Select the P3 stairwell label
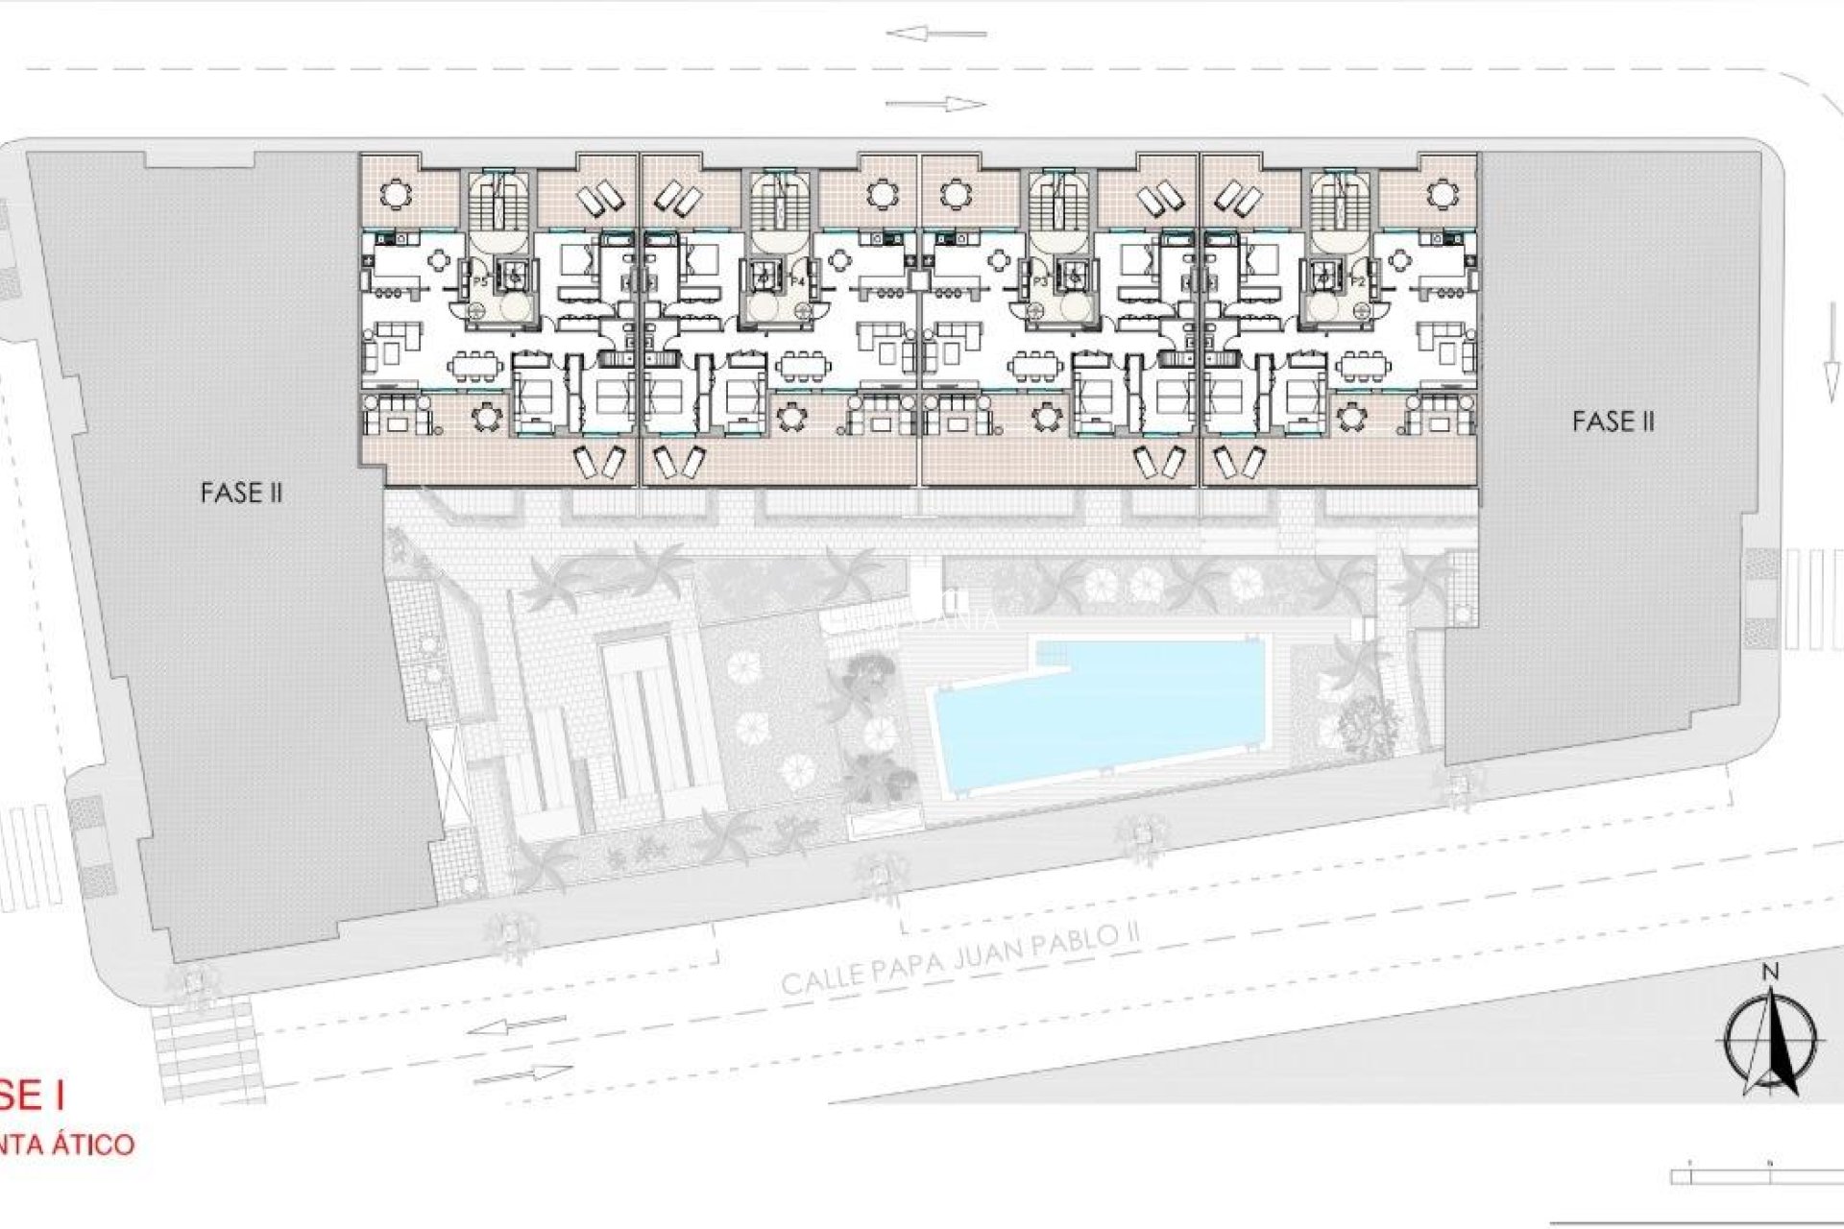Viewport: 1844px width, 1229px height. tap(1041, 280)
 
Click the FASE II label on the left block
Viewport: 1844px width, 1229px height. tap(241, 493)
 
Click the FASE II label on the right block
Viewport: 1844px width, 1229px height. tap(1613, 421)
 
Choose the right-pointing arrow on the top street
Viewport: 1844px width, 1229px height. tap(935, 105)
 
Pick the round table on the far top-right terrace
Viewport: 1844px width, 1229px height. tap(1439, 195)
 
